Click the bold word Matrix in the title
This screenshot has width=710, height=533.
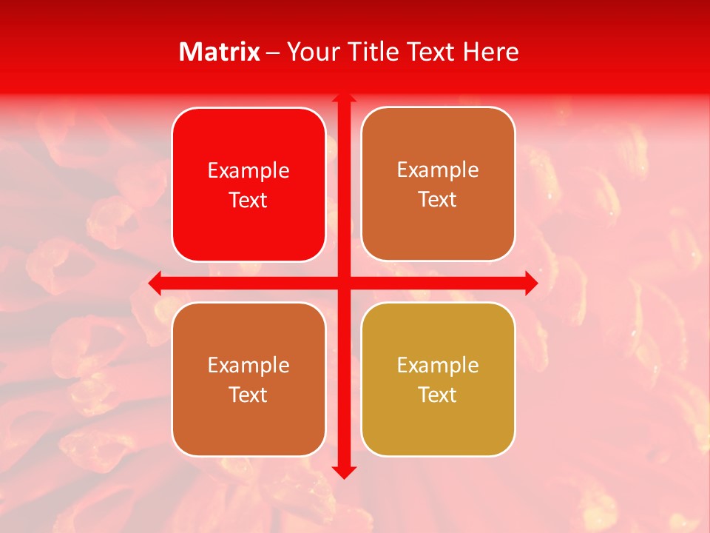[x=220, y=52]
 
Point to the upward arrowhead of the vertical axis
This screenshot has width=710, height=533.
[x=344, y=97]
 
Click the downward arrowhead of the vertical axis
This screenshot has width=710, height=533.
[x=344, y=472]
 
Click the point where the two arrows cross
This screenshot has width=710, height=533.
[x=344, y=283]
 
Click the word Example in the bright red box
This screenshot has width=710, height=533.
[x=248, y=171]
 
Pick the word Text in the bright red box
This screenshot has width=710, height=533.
[x=248, y=201]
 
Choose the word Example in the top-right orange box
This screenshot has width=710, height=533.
[x=438, y=170]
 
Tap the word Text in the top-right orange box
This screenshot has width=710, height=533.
[x=438, y=200]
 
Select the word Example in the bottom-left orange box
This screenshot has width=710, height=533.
[x=248, y=365]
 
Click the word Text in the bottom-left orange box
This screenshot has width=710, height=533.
[x=248, y=395]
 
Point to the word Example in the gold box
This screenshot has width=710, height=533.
[x=438, y=365]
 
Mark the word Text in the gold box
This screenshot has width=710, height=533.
[x=438, y=395]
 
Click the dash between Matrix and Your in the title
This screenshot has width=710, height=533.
[x=274, y=53]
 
